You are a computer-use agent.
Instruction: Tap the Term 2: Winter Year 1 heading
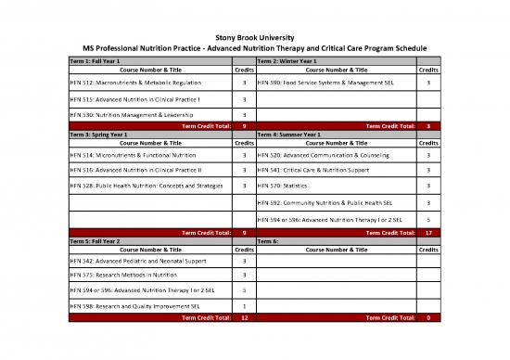287,59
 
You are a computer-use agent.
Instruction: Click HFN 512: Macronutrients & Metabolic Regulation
135,83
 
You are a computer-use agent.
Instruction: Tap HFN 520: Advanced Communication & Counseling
323,156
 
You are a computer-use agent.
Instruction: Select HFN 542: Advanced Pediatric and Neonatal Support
137,261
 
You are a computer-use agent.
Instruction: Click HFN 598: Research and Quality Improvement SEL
137,305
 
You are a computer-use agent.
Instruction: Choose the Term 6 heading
267,239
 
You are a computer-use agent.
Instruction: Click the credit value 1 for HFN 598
243,305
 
